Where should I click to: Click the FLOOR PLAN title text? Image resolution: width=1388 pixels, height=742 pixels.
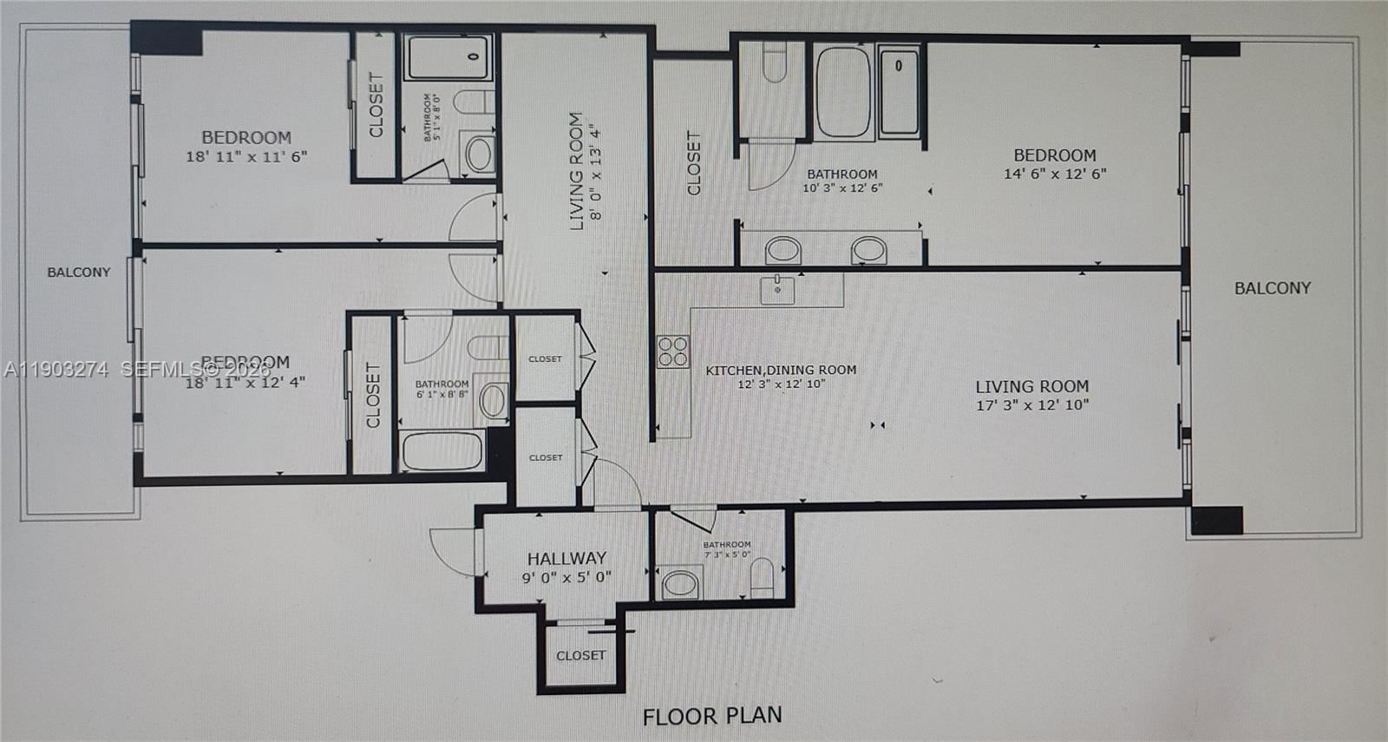(x=712, y=716)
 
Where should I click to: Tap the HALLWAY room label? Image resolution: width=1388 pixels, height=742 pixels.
(x=566, y=558)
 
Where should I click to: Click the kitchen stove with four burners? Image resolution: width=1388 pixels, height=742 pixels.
(x=673, y=351)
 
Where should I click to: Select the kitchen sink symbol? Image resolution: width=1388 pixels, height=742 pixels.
(x=777, y=289)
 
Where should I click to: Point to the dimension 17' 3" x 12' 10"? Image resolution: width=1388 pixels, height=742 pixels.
(x=1032, y=405)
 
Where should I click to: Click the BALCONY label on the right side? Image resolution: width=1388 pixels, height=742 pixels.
(x=1273, y=288)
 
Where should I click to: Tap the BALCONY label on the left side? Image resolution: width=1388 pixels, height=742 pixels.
(x=79, y=273)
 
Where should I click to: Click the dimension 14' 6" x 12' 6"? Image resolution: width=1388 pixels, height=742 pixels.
(x=1055, y=174)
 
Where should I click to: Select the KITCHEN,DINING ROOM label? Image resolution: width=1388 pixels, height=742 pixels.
(x=781, y=370)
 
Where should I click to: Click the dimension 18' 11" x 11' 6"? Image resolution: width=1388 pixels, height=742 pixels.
(x=246, y=157)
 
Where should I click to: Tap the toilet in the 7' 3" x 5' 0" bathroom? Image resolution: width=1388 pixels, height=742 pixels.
(x=762, y=576)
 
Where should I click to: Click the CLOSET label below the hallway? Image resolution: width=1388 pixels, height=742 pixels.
(x=580, y=655)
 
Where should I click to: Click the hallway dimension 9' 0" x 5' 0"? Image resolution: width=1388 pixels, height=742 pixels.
(x=566, y=577)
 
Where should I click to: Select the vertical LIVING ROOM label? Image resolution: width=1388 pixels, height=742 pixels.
(x=576, y=171)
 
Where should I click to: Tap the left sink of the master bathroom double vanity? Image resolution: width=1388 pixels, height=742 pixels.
(x=783, y=251)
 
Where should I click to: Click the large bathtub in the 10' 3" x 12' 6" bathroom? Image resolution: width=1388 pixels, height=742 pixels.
(x=843, y=91)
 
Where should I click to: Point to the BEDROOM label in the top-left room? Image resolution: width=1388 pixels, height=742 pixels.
(x=246, y=137)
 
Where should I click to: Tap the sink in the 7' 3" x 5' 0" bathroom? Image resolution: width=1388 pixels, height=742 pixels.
(x=682, y=583)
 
